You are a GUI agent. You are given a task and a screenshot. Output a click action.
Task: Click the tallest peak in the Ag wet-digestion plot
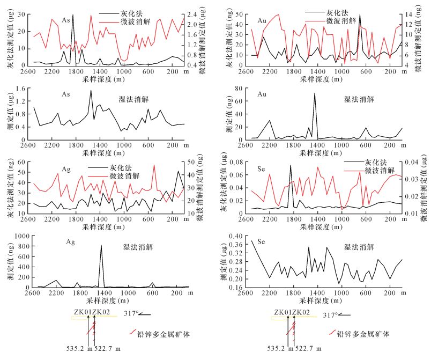tap(101, 246)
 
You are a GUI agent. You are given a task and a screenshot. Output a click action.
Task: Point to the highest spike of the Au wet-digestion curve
tap(315, 93)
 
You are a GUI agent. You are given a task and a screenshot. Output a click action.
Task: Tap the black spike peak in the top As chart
tap(73, 16)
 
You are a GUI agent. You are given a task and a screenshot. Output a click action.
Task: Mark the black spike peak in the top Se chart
tap(291, 165)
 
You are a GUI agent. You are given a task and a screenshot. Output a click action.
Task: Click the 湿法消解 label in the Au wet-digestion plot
tap(359, 99)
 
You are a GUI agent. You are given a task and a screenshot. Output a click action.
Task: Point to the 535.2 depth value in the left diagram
tap(80, 349)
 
